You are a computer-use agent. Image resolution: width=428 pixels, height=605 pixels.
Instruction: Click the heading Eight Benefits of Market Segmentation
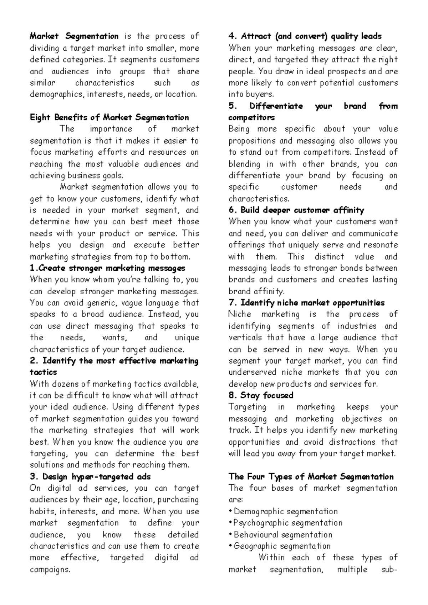(109, 117)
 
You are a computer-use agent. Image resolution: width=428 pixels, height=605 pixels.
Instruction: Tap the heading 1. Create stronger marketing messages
(107, 268)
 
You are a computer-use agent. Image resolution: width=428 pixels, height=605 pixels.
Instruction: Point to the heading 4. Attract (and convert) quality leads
(305, 36)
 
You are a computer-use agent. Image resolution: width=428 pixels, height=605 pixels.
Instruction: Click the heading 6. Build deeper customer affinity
(296, 210)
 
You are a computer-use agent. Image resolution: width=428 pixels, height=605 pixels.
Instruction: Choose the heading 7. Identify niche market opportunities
(306, 303)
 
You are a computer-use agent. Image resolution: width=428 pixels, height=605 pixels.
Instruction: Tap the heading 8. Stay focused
(261, 395)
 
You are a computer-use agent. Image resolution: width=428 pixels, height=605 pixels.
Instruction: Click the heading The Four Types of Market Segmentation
(311, 477)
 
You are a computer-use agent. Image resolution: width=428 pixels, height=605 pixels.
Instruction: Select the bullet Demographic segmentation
(285, 511)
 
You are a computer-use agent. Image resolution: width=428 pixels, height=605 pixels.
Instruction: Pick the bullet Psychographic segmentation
(287, 523)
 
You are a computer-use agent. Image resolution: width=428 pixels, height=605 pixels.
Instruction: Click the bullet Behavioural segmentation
(283, 535)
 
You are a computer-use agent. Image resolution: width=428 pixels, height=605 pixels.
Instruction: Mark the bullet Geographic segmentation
(282, 546)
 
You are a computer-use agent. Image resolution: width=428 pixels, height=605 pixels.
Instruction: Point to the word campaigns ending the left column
(50, 569)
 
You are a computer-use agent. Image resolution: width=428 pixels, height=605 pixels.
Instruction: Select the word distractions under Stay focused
(352, 442)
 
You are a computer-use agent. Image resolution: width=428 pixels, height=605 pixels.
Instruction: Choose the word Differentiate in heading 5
(276, 106)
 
